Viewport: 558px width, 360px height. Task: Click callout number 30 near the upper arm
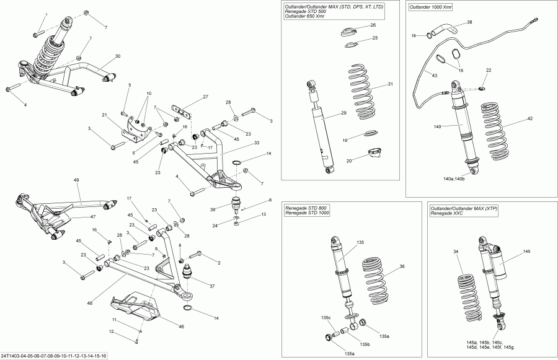tap(117, 56)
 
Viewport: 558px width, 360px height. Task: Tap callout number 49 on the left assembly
tap(77, 180)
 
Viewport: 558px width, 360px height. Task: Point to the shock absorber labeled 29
tap(321, 127)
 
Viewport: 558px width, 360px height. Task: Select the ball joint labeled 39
tap(236, 203)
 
